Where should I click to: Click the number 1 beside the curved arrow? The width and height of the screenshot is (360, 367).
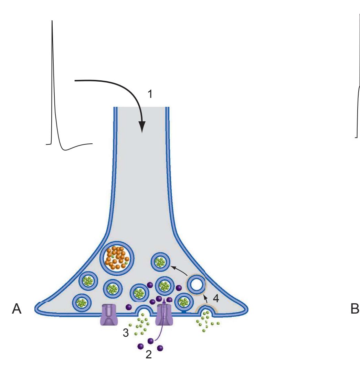(149, 94)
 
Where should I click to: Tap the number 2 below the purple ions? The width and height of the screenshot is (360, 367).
(149, 354)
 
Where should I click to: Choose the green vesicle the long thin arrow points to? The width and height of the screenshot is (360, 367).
(160, 262)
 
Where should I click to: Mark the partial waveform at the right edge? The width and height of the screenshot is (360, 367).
(357, 103)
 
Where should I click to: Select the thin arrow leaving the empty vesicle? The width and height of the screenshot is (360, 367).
(179, 271)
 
